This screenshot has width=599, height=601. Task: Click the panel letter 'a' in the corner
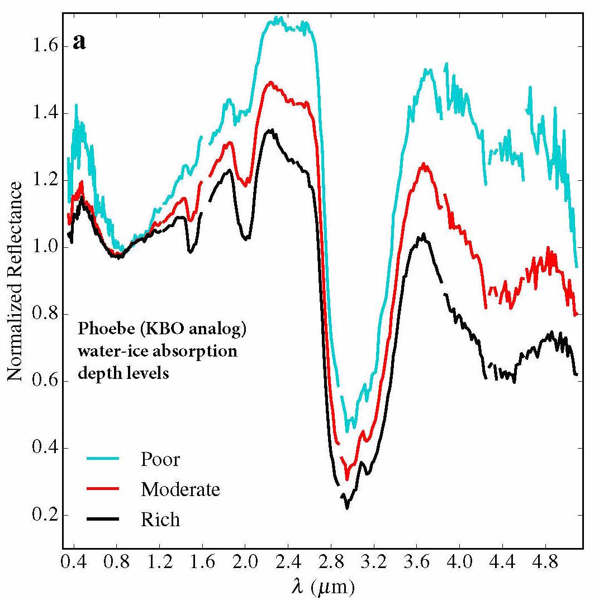coord(79,42)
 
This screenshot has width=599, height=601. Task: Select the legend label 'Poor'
coord(160,459)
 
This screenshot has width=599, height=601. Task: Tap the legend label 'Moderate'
coord(180,489)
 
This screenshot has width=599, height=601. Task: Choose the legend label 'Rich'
coord(160,520)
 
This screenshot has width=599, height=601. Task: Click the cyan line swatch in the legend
coord(103,459)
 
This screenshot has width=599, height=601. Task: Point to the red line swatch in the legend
coord(103,489)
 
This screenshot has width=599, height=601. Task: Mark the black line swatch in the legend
coord(103,519)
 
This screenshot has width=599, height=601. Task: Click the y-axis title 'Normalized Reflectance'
coord(16,282)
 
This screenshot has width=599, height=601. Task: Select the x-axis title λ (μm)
coord(322,586)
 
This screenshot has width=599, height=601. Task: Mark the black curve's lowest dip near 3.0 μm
coord(347,507)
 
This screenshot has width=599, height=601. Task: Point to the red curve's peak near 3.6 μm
coord(424,165)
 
